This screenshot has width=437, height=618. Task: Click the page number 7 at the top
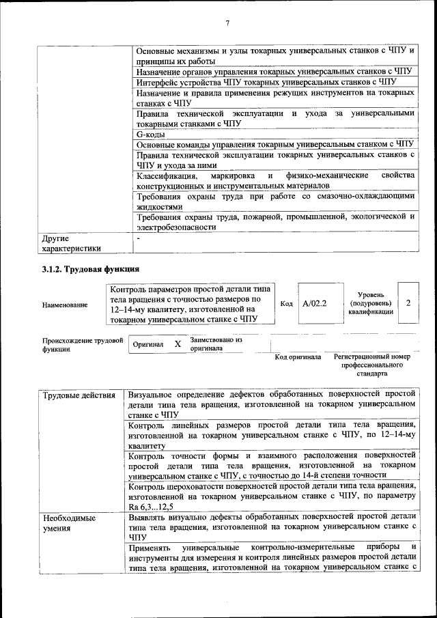pyautogui.click(x=227, y=23)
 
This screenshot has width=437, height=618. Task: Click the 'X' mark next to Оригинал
pyautogui.click(x=178, y=344)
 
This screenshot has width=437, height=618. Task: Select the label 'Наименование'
pyautogui.click(x=65, y=305)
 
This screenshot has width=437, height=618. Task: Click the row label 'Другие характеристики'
pyautogui.click(x=71, y=244)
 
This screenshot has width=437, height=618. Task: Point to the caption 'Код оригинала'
pyautogui.click(x=298, y=357)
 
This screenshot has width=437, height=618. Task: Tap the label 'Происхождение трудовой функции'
pyautogui.click(x=83, y=343)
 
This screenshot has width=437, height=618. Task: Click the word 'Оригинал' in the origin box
pyautogui.click(x=148, y=345)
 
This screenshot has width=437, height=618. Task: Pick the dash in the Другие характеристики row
pyautogui.click(x=138, y=238)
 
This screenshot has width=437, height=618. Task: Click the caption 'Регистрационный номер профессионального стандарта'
pyautogui.click(x=372, y=365)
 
